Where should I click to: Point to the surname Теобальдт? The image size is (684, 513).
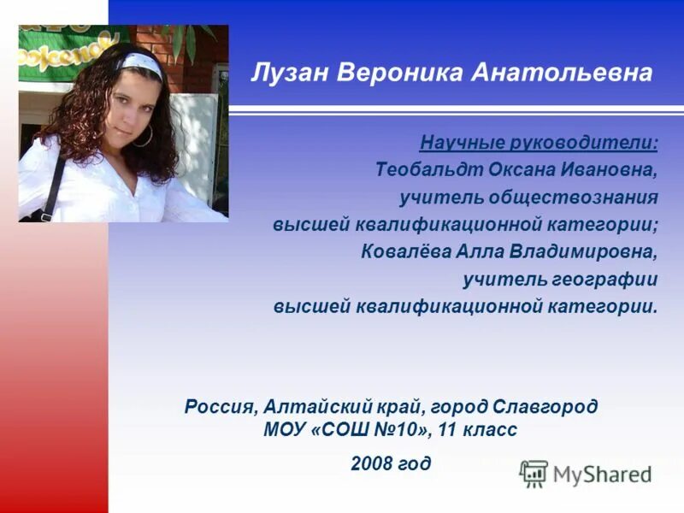428,169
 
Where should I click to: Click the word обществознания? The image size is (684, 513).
574,198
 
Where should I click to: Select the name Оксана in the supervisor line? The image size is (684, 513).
521,169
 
